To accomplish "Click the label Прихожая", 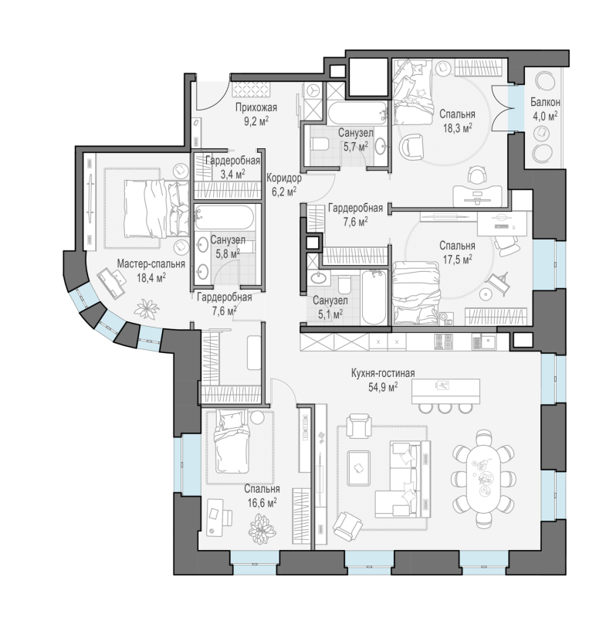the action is [x=256, y=107].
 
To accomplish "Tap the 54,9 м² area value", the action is [x=383, y=387].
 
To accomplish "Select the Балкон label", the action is [x=545, y=102].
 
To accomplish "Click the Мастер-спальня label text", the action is [x=151, y=263].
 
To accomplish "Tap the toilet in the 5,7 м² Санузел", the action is [x=319, y=144].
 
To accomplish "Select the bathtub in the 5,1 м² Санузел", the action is [x=374, y=297].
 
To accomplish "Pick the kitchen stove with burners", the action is [x=444, y=341].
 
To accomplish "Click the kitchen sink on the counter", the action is [x=485, y=341].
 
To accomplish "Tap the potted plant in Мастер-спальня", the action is [x=147, y=308].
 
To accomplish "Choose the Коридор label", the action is [x=284, y=178].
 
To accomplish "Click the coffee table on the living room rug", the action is [x=359, y=468].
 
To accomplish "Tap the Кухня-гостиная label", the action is [x=383, y=373].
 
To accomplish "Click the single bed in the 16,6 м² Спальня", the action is [x=231, y=441].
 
